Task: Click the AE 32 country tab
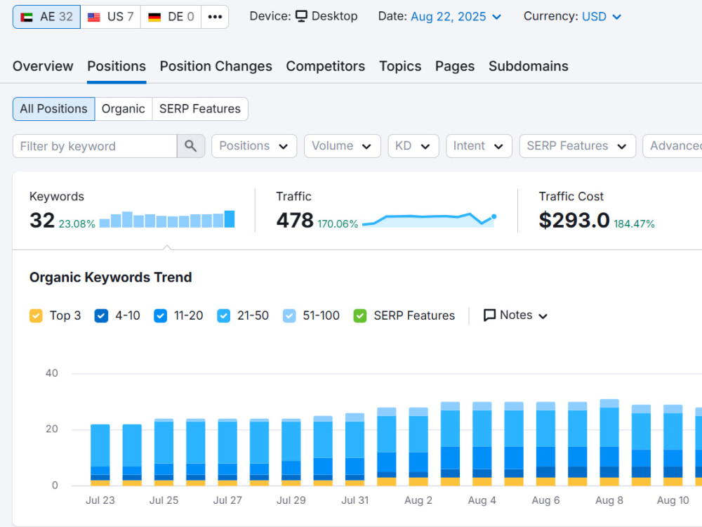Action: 46,17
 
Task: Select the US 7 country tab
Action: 111,17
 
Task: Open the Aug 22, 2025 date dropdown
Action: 456,17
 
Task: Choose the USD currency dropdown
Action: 602,17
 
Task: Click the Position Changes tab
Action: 216,66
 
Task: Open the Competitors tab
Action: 326,66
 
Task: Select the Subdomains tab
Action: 529,66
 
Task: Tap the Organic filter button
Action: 124,109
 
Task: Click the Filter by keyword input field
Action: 95,146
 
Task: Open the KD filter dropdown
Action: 413,146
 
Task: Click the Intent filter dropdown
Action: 479,146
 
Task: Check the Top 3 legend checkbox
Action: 36,316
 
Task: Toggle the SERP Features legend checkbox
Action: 360,316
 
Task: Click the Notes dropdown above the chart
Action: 515,315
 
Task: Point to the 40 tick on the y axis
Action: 51,373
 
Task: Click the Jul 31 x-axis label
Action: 355,500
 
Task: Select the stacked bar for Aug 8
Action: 609,442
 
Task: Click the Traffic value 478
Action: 295,220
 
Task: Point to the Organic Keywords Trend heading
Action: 111,278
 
